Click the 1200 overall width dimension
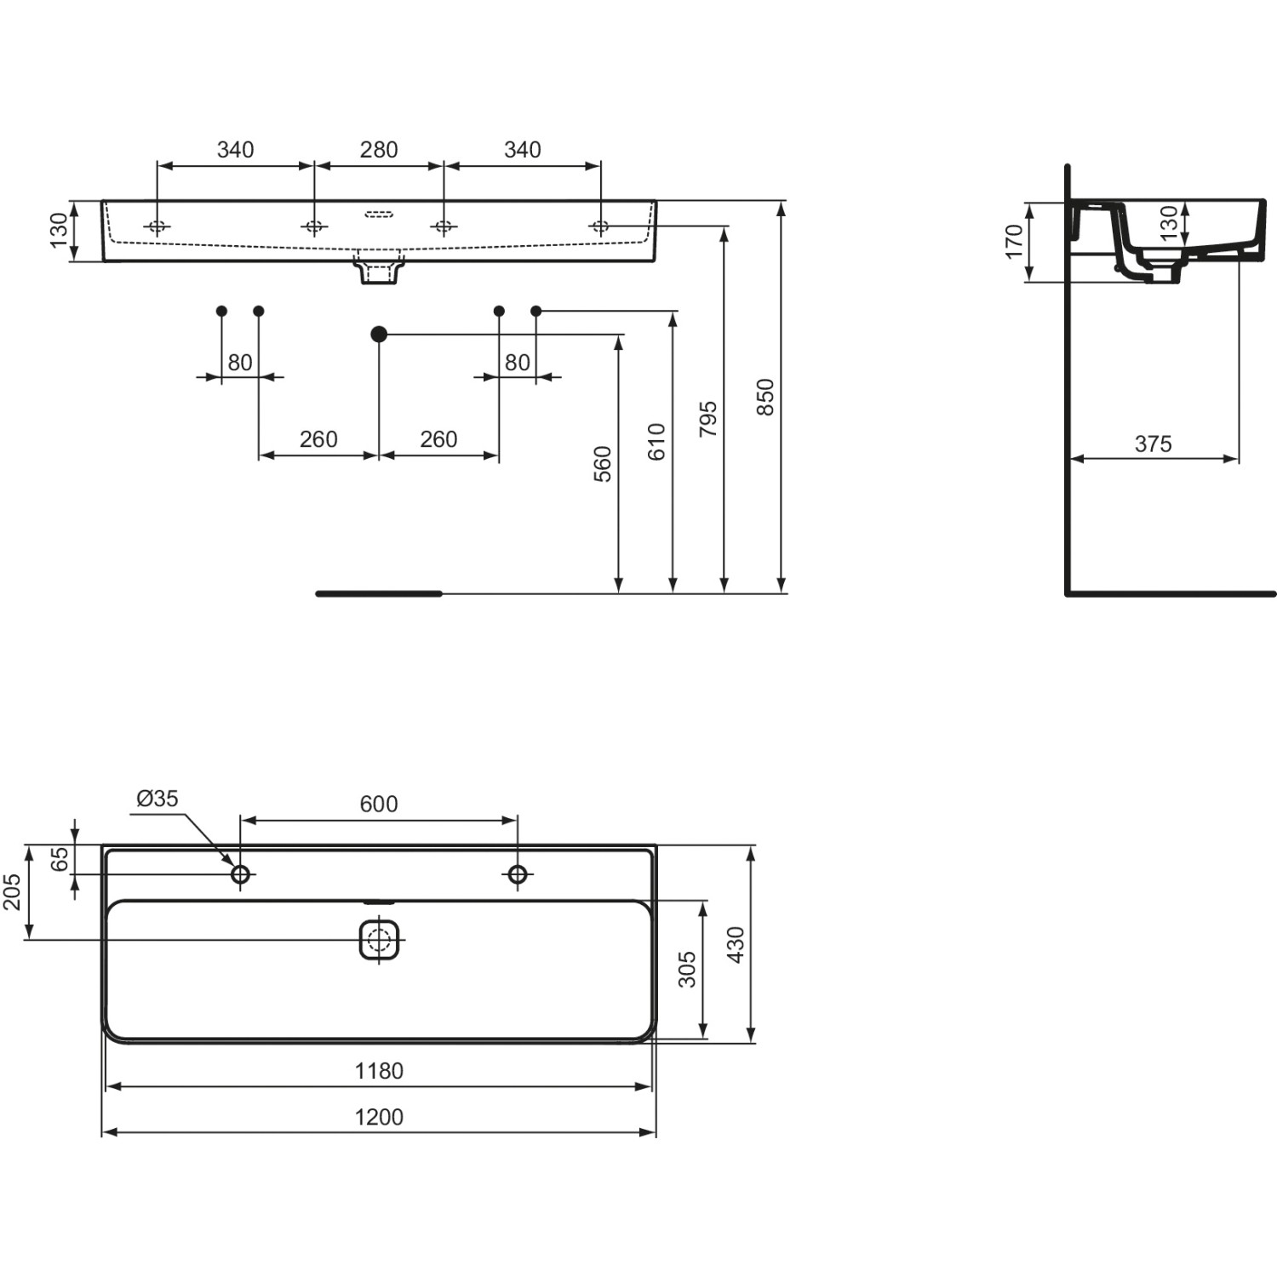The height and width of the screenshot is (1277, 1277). click(379, 1117)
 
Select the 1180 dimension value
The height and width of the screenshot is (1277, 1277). click(379, 1071)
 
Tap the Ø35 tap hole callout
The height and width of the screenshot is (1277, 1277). click(157, 799)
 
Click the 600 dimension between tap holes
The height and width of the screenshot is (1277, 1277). click(379, 804)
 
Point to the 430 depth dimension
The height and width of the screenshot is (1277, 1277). click(736, 944)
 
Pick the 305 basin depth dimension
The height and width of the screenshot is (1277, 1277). click(687, 969)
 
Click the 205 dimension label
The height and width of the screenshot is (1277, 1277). click(13, 891)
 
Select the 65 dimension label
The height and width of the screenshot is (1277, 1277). click(60, 860)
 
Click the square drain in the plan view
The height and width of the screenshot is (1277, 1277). click(380, 940)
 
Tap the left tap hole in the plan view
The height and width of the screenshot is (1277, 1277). click(241, 873)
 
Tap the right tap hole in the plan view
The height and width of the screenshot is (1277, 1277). click(518, 873)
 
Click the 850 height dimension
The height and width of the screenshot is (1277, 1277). click(765, 397)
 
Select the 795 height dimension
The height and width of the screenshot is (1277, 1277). click(708, 419)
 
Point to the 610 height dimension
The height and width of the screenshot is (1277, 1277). click(656, 442)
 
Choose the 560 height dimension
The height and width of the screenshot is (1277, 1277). click(603, 464)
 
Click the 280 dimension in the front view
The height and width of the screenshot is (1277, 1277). click(379, 150)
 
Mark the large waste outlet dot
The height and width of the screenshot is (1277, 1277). click(379, 335)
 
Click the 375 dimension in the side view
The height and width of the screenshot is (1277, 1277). click(1153, 444)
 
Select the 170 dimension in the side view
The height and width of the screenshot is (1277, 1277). click(1013, 242)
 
